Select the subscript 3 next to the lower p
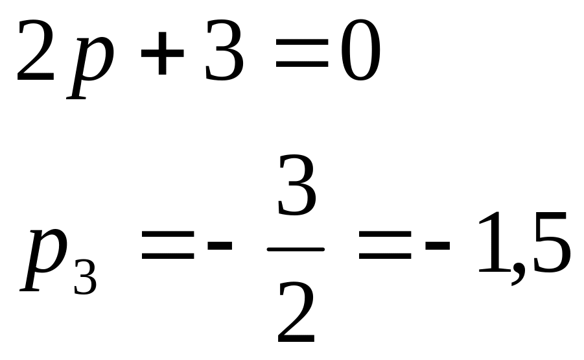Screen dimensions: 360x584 pyautogui.click(x=85, y=276)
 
